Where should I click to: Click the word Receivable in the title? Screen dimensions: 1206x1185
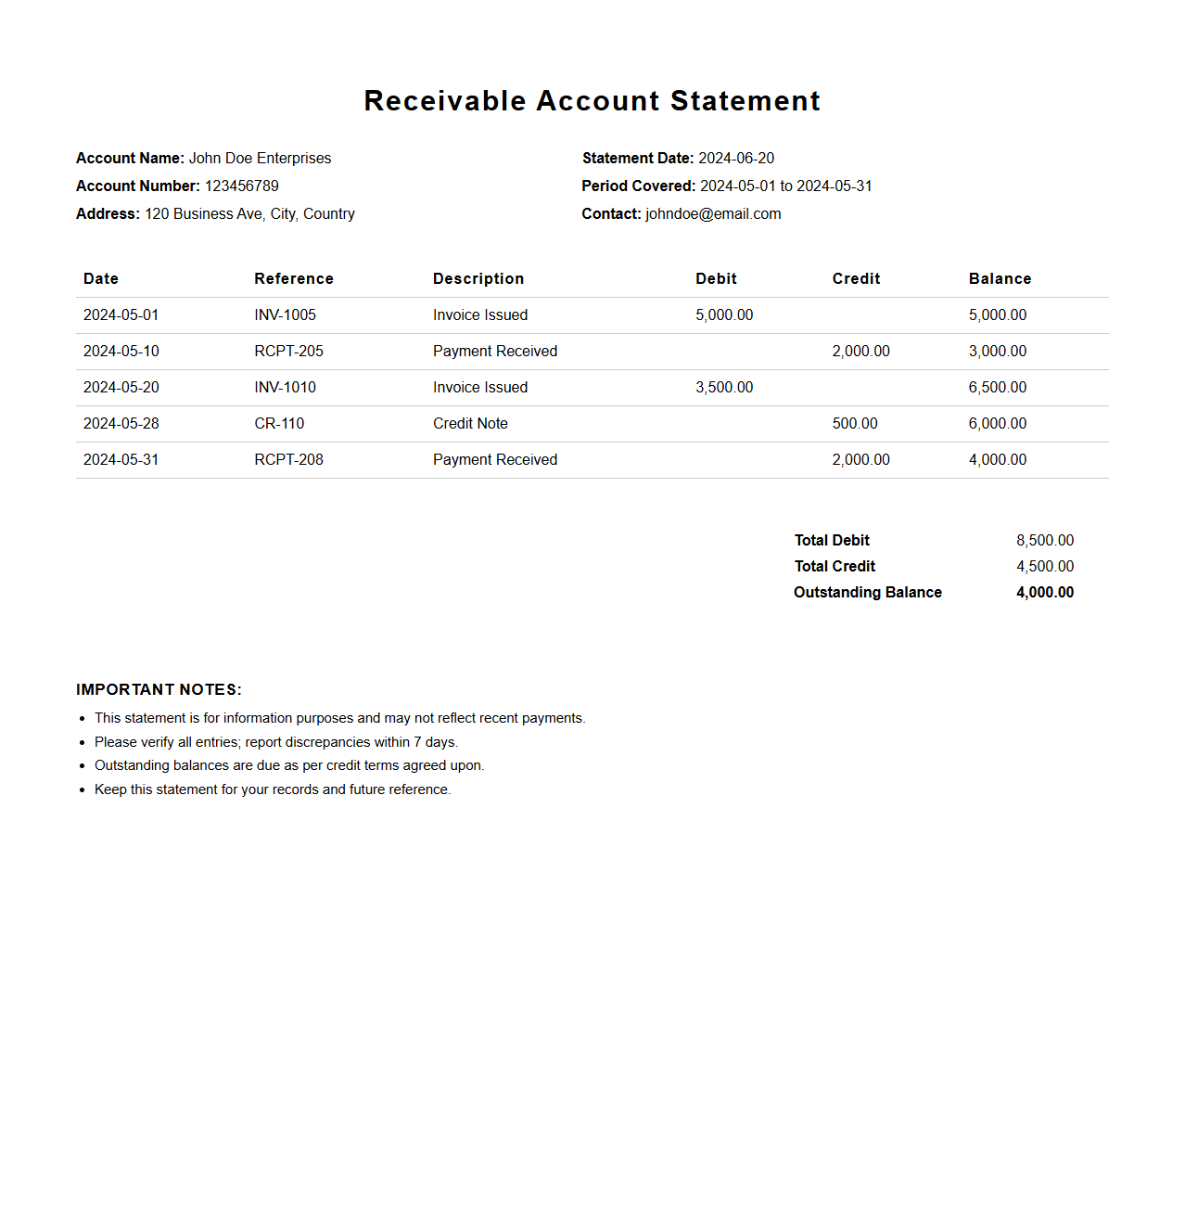point(445,101)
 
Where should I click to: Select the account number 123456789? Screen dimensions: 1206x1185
point(241,186)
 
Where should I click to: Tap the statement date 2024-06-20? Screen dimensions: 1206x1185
point(736,158)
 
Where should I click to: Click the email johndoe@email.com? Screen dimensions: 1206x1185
point(713,213)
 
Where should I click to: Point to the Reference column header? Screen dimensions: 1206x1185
point(294,278)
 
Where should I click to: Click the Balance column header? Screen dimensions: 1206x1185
point(1000,278)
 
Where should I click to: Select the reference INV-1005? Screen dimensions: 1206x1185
point(285,314)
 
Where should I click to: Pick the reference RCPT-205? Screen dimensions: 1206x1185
point(288,351)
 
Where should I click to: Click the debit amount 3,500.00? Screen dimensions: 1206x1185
point(724,387)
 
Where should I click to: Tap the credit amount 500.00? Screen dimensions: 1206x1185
point(855,423)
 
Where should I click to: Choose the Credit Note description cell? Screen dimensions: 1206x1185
point(470,423)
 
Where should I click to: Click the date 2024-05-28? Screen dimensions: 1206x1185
point(121,423)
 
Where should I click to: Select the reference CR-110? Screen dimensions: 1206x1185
point(279,423)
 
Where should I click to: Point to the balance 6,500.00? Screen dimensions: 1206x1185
point(998,387)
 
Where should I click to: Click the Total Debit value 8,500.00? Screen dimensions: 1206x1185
point(1045,540)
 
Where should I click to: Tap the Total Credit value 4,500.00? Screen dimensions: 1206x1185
point(1045,566)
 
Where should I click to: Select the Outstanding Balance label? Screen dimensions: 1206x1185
point(868,592)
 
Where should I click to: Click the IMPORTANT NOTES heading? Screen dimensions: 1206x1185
point(159,689)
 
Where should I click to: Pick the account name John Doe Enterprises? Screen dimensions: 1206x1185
point(260,158)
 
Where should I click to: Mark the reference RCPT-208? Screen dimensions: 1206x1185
point(288,459)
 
